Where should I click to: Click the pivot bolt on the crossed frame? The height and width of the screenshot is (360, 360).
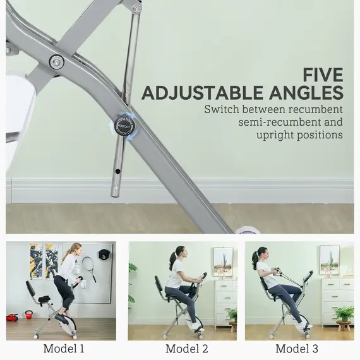click(56, 62)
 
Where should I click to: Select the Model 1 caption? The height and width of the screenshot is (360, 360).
click(63, 349)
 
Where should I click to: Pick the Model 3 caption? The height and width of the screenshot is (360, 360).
click(297, 349)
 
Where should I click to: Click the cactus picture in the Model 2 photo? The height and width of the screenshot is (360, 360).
click(222, 261)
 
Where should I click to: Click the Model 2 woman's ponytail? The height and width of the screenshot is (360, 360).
click(171, 259)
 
